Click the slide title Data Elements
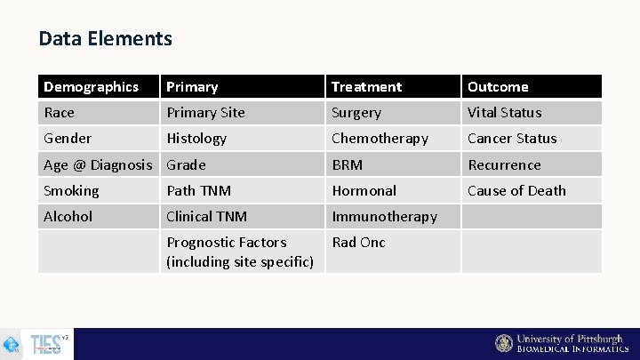point(105,39)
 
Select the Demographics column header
point(91,87)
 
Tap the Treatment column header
point(366,87)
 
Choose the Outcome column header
point(498,87)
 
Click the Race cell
point(60,113)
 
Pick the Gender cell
point(68,139)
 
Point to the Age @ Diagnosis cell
point(98,165)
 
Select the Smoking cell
point(71,191)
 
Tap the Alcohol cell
point(68,217)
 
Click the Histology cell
point(196,139)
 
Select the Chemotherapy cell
point(380,139)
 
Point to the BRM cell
point(347,165)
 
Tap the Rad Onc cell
point(358,243)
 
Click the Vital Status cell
point(504,113)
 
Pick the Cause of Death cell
point(516,191)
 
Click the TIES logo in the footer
point(46,344)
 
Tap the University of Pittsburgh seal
point(504,344)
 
